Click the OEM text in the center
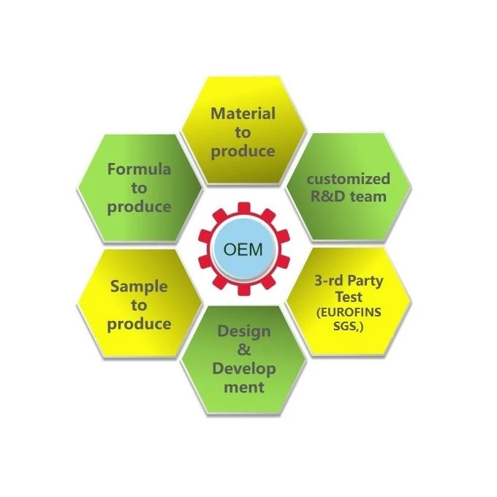tap(243, 249)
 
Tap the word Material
tap(243, 113)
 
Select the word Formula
tap(139, 169)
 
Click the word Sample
tap(139, 287)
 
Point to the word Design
tap(244, 332)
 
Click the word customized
tap(349, 179)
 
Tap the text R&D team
tap(349, 197)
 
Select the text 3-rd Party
tap(349, 281)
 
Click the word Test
tap(349, 297)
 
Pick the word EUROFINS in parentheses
tap(349, 313)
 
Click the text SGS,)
tap(348, 326)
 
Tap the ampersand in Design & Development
tap(243, 350)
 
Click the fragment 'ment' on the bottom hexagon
tap(244, 387)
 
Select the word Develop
tap(244, 370)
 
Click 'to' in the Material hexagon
tap(243, 132)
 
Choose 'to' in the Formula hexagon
tap(139, 188)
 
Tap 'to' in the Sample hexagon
tap(139, 306)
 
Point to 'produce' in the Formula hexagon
tap(139, 208)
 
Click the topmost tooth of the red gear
tap(243, 208)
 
